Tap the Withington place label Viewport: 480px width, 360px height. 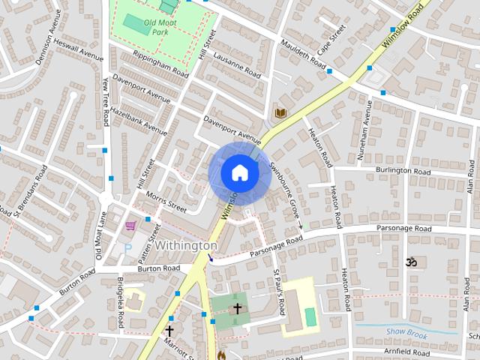186,245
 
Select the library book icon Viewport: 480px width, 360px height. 280,112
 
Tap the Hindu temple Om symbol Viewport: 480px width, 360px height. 410,262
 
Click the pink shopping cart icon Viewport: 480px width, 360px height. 130,225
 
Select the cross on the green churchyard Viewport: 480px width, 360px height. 238,307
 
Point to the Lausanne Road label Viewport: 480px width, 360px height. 237,64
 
